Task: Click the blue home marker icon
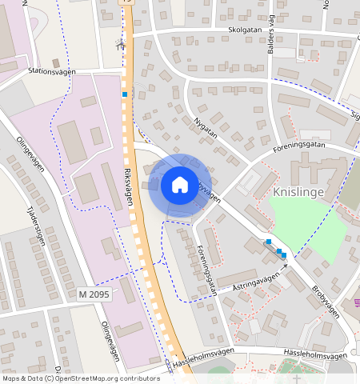[180, 185]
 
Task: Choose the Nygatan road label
[206, 130]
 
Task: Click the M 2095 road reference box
[94, 295]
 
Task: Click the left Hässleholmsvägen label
[203, 356]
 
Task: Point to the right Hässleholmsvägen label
[316, 355]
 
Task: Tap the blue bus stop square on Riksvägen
[125, 94]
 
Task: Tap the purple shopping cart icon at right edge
[356, 302]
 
